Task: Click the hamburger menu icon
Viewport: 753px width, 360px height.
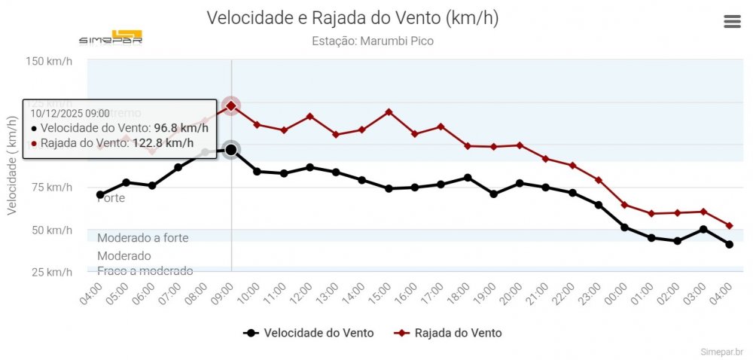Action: coord(732,22)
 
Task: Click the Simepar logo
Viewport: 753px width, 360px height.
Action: coord(111,37)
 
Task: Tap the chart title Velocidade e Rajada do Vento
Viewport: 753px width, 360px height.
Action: coord(352,18)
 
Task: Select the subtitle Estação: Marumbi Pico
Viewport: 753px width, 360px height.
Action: coord(372,41)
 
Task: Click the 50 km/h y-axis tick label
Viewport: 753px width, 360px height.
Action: coord(52,230)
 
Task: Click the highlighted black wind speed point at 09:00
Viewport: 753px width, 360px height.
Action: coord(231,150)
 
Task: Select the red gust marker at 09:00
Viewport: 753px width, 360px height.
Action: coord(231,106)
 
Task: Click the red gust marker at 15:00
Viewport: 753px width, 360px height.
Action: coord(389,111)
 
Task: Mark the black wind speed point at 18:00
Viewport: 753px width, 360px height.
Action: coord(468,178)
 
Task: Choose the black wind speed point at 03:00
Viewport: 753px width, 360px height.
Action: coord(703,229)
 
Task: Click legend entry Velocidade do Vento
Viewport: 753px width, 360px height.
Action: coord(309,333)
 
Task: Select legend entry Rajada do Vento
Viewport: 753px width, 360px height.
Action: coord(450,333)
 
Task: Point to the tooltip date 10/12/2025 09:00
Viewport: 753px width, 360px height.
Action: coord(70,113)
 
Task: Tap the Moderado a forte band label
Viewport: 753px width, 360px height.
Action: coord(143,238)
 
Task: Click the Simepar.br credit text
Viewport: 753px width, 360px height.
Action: coord(721,351)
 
